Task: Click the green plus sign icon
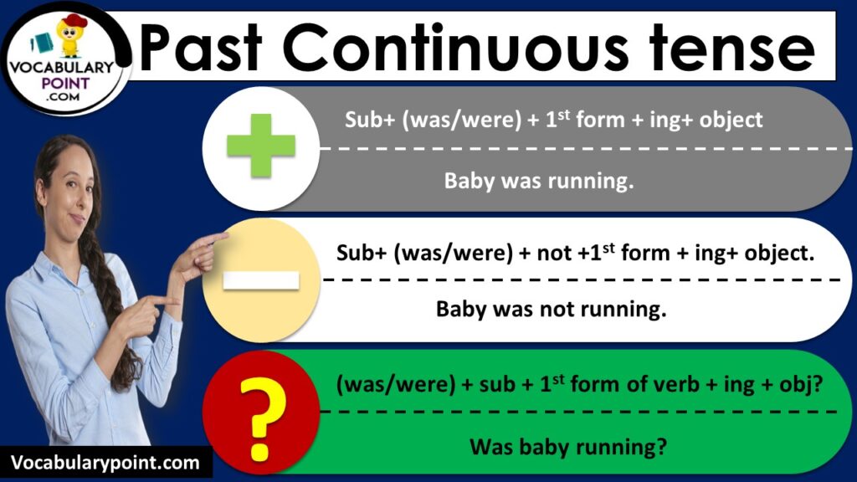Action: pyautogui.click(x=261, y=147)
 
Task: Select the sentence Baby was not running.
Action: pyautogui.click(x=551, y=310)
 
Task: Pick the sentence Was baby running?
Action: pyautogui.click(x=568, y=446)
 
